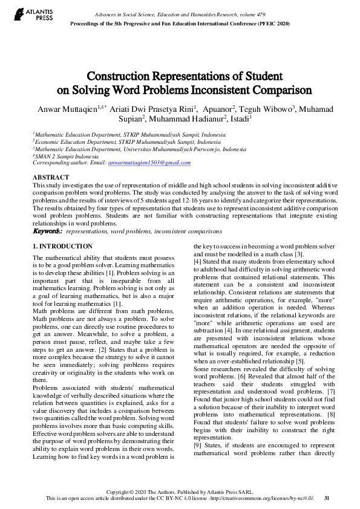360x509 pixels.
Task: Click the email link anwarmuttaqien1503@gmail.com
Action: point(149,163)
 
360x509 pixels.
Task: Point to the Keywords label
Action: point(47,231)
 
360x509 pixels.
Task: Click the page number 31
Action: point(327,498)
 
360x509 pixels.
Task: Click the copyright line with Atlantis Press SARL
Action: point(179,491)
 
